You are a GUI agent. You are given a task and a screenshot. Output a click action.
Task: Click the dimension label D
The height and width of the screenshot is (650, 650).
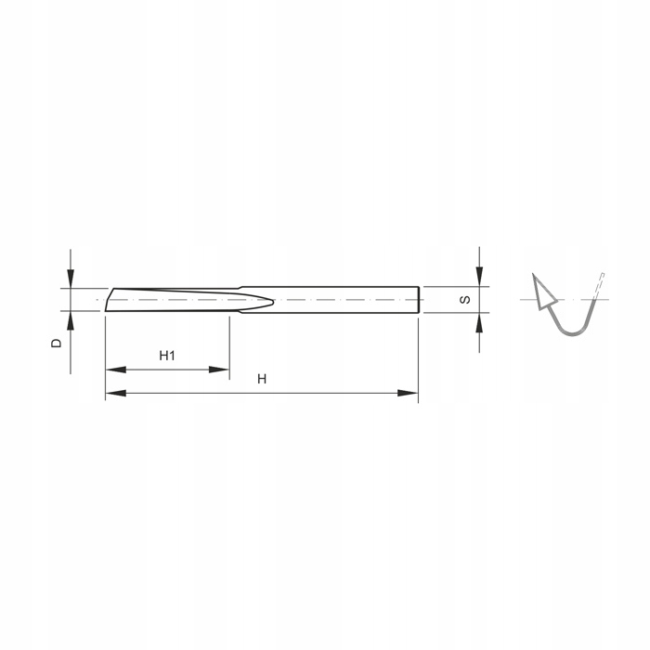(57, 344)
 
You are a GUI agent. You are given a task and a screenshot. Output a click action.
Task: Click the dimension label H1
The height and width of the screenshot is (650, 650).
(167, 356)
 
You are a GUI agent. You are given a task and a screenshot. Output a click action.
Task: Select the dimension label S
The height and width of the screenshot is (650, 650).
(465, 299)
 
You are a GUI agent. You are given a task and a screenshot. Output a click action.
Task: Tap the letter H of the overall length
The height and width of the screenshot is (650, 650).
(262, 379)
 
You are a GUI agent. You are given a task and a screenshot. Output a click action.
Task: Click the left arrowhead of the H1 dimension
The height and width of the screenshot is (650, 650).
(116, 370)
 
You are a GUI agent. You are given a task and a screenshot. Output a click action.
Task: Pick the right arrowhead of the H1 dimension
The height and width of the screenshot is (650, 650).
(219, 370)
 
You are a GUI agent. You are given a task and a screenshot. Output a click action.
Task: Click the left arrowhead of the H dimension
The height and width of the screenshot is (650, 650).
(116, 393)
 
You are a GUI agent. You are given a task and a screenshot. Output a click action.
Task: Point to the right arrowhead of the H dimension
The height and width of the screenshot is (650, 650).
(408, 393)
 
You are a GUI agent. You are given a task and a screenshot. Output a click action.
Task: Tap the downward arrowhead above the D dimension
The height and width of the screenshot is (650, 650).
(71, 279)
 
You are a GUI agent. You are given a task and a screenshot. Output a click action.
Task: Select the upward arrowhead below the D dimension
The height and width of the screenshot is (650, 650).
(71, 320)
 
